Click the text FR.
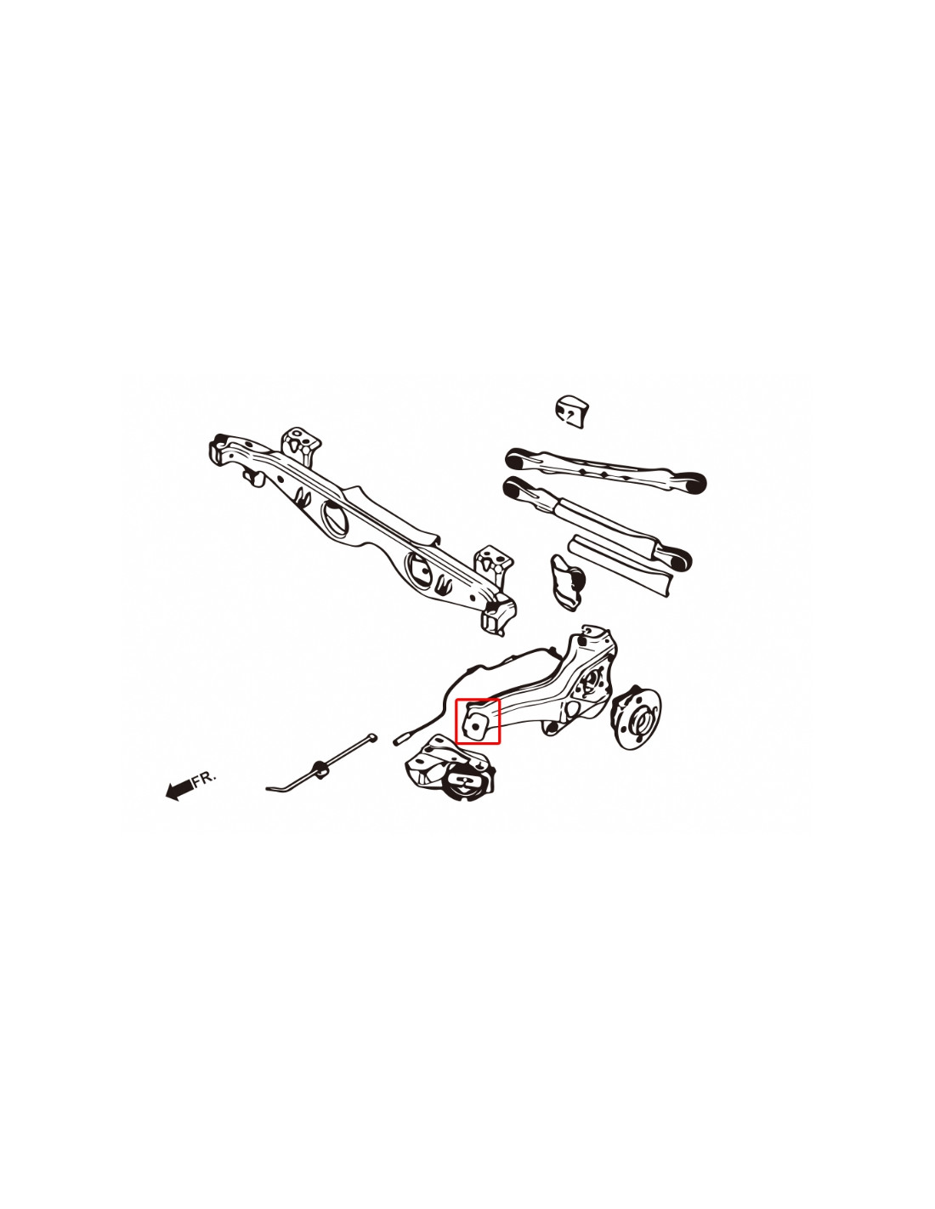(x=204, y=778)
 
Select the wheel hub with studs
(x=637, y=718)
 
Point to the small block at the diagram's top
(x=571, y=412)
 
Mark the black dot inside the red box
(x=474, y=727)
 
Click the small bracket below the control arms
(x=567, y=582)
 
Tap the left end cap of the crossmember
(x=218, y=446)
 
